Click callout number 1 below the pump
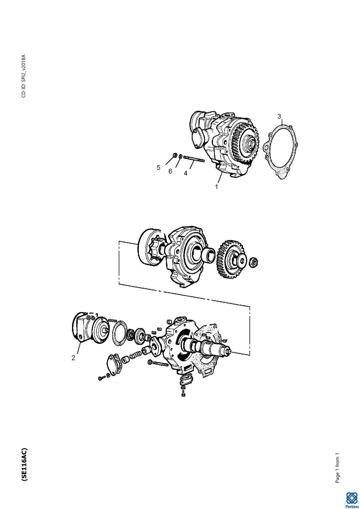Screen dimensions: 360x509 pyautogui.click(x=216, y=186)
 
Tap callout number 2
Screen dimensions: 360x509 pyautogui.click(x=73, y=358)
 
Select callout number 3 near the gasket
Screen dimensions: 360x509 pyautogui.click(x=279, y=116)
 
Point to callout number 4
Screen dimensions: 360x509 pyautogui.click(x=186, y=173)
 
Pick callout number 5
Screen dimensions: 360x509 pyautogui.click(x=159, y=168)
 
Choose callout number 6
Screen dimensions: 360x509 pyautogui.click(x=170, y=171)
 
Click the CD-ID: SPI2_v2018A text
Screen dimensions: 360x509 pyautogui.click(x=24, y=76)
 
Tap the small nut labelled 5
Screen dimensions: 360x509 pyautogui.click(x=175, y=155)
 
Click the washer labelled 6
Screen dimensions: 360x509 pyautogui.click(x=180, y=156)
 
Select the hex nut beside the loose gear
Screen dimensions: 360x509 pyautogui.click(x=253, y=262)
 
